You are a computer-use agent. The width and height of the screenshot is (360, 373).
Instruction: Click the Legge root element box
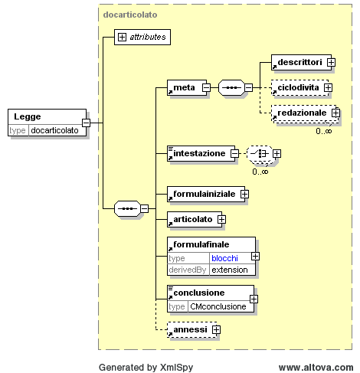tap(47, 123)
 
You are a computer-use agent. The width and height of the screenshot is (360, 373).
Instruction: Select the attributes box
tap(142, 37)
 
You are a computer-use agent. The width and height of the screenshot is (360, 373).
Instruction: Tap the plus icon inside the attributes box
tap(122, 37)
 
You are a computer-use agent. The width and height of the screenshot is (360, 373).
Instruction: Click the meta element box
tap(187, 87)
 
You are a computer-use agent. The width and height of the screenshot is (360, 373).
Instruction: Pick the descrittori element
tap(301, 62)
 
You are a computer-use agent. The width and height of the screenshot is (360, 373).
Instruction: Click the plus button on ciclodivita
tap(328, 87)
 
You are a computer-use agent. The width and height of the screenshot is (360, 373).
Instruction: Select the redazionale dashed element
tap(304, 113)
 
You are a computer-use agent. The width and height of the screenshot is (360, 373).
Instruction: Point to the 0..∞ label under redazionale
tap(324, 131)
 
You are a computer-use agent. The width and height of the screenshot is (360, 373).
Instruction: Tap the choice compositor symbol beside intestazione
tap(260, 153)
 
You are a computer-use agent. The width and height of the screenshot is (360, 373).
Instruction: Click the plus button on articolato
tap(221, 219)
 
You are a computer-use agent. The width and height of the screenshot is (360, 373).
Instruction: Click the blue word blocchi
tap(224, 258)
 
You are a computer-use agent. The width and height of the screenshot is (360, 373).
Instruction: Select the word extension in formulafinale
tap(230, 270)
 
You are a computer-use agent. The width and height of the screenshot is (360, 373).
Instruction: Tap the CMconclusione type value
tap(218, 306)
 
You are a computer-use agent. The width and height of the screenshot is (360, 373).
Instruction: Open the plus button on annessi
tap(216, 329)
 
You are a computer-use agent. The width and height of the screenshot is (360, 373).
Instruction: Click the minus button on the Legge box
tap(86, 123)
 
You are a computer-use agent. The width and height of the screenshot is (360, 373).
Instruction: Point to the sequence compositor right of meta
tap(231, 87)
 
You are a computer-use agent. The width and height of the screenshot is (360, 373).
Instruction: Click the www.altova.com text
tap(316, 368)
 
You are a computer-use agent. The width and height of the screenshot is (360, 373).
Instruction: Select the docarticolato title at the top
tap(130, 15)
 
